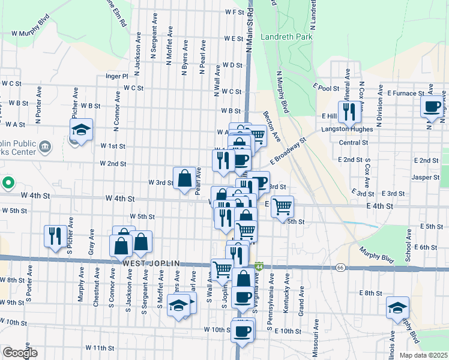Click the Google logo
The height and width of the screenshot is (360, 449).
[x=20, y=353]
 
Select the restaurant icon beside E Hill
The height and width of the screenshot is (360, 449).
[x=348, y=112]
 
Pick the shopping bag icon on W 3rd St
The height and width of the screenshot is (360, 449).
[x=185, y=178]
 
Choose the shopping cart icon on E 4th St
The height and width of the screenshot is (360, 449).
[x=282, y=207]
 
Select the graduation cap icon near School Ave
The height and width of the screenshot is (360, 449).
[x=397, y=308]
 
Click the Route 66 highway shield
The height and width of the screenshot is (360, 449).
[x=340, y=266]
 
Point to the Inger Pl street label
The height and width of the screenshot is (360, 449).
[x=117, y=76]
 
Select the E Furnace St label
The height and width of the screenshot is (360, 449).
[x=406, y=94]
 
